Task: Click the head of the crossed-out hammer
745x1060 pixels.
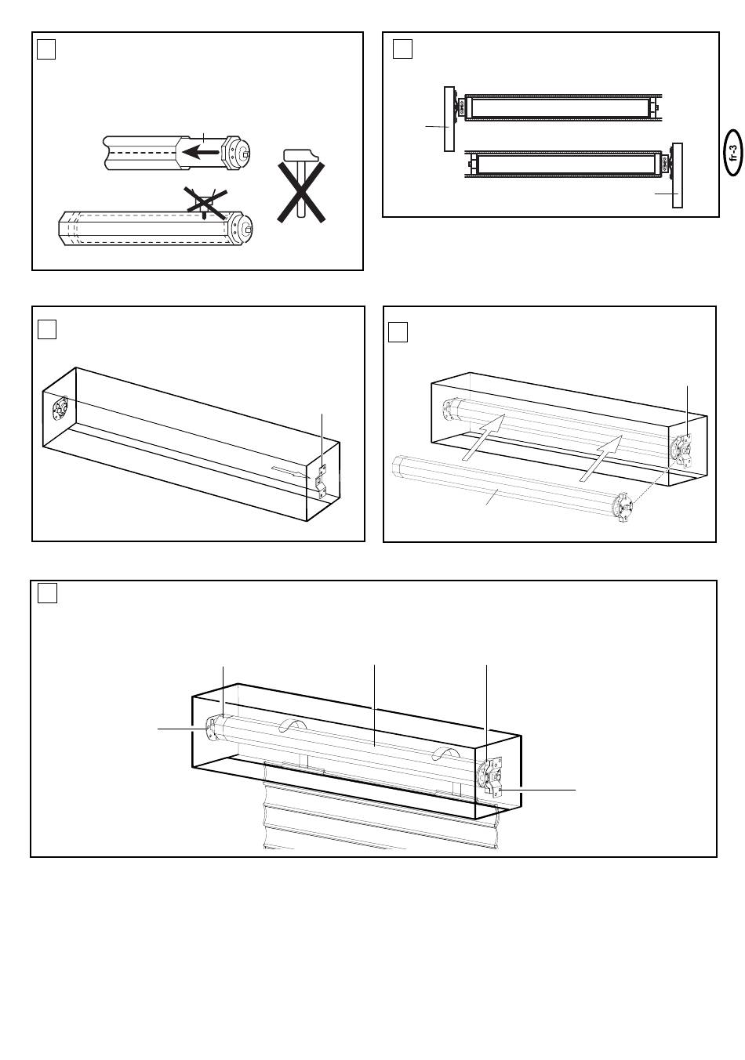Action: tap(300, 156)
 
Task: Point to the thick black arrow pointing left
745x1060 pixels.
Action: tap(201, 152)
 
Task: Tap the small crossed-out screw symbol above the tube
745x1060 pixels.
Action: tap(205, 204)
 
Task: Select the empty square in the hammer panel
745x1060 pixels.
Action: tap(46, 49)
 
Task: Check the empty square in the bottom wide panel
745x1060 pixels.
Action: tap(47, 593)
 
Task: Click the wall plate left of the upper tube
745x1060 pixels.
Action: tap(449, 119)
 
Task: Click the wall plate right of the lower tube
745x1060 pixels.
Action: tap(678, 175)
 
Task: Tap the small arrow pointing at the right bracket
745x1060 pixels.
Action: tap(291, 472)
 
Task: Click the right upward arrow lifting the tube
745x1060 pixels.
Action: tap(601, 458)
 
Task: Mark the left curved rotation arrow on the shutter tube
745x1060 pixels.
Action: tap(290, 724)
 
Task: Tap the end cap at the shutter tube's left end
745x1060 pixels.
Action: tap(213, 728)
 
